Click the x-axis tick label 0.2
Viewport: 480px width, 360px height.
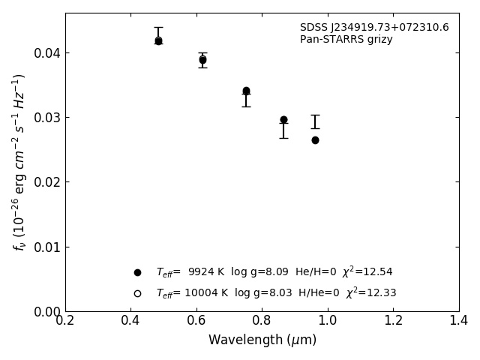65,320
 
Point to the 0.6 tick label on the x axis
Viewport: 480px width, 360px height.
196,320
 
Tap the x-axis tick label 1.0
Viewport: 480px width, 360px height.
328,320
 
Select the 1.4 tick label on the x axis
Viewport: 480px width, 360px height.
459,320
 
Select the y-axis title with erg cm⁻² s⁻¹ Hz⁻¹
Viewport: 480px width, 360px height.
20,161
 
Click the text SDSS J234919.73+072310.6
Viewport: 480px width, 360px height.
374,28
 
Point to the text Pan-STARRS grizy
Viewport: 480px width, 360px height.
346,40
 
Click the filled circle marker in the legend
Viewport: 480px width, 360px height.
137,272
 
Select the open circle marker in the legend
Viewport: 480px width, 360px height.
137,293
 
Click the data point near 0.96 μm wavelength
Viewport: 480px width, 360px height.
315,140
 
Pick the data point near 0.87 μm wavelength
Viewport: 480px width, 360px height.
283,120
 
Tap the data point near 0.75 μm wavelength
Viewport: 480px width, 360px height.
246,91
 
